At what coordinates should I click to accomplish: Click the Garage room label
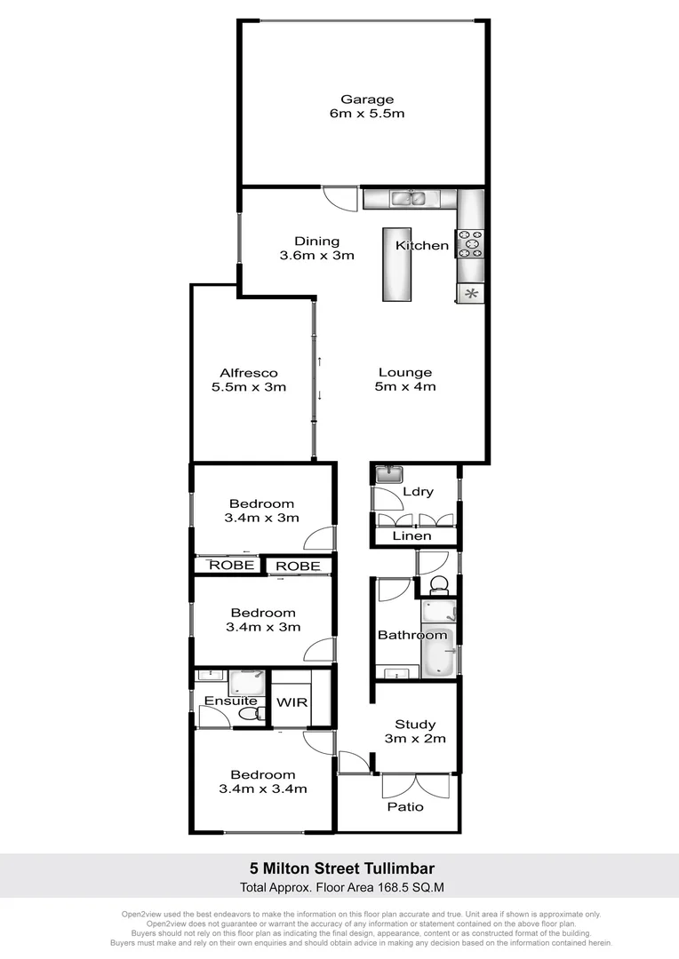click(367, 99)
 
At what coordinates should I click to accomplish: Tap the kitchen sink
click(410, 199)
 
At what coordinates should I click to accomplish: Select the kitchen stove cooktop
click(470, 243)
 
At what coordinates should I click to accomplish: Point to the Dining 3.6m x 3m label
click(317, 242)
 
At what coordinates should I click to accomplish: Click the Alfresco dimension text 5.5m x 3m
click(249, 387)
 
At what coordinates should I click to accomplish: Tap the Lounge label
click(404, 373)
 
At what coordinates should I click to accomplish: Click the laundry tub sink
click(389, 474)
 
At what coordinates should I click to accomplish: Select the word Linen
click(411, 535)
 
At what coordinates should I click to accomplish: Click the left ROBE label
click(231, 565)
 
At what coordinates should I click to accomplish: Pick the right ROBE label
click(298, 566)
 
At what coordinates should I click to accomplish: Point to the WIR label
click(292, 701)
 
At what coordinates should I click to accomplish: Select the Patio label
click(404, 807)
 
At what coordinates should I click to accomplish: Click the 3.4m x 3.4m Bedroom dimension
click(263, 789)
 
